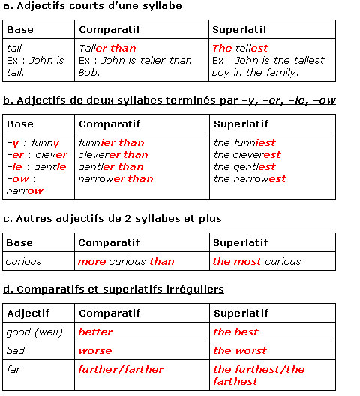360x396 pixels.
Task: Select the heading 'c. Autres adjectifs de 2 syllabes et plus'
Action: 112,219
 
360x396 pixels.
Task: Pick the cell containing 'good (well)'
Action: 34,331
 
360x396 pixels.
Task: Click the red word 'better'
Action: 95,331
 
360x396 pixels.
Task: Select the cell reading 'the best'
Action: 235,331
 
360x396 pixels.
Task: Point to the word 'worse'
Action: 95,350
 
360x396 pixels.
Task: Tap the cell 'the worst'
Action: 239,350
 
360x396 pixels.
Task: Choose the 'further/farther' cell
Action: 121,369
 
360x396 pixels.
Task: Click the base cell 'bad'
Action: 16,350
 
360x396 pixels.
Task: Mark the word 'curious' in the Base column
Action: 23,262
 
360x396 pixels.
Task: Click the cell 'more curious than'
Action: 126,262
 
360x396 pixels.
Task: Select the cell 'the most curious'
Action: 256,262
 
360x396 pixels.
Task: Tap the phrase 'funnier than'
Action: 111,142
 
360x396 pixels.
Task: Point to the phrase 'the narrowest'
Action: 250,178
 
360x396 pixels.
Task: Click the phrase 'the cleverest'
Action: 247,154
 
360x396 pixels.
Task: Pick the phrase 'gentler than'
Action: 111,166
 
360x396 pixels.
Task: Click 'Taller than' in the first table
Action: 107,48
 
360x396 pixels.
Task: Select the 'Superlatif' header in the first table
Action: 240,29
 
